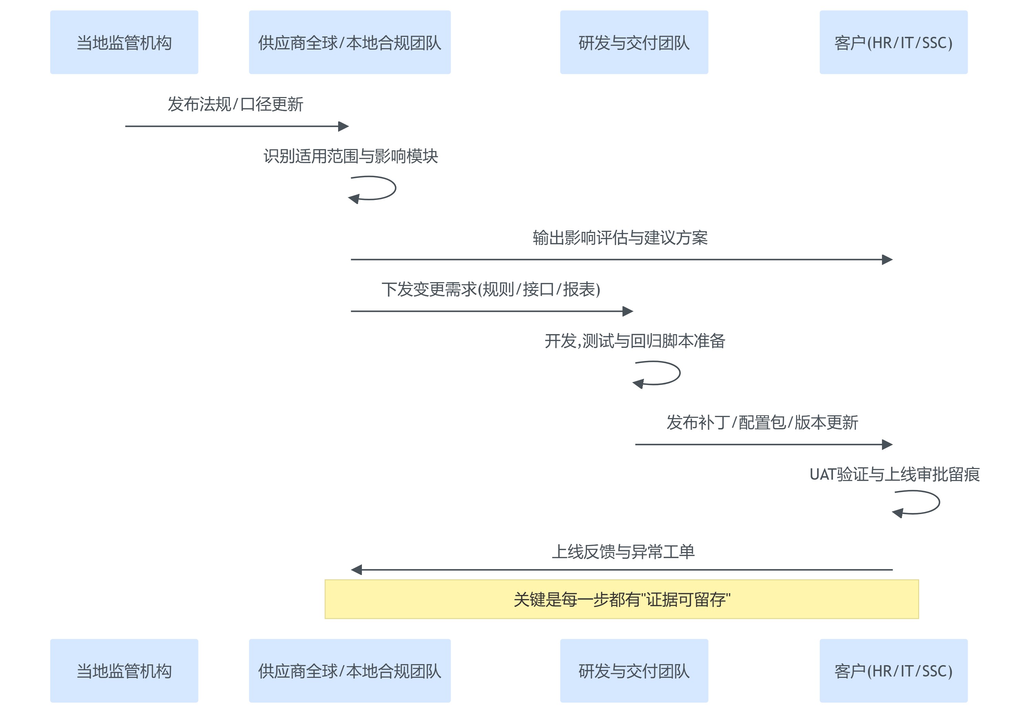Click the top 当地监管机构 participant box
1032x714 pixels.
124,43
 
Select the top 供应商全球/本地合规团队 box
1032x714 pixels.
349,43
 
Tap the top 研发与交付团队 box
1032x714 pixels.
634,43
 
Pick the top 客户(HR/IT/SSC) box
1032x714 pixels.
893,43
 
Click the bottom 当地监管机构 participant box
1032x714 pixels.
124,671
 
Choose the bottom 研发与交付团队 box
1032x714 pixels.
634,671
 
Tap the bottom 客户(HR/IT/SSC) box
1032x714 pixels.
893,671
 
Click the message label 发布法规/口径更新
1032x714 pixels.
235,104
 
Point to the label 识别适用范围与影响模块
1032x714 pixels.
351,156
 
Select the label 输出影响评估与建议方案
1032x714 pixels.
620,237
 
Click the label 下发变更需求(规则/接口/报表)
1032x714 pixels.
491,289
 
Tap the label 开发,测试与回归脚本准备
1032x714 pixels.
634,341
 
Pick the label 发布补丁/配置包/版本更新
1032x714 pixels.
762,422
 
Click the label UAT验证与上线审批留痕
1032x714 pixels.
894,474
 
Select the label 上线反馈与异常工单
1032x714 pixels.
623,552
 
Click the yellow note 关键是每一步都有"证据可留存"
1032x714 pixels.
622,599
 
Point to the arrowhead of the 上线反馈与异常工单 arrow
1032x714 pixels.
357,569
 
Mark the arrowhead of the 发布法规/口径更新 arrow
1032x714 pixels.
343,126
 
